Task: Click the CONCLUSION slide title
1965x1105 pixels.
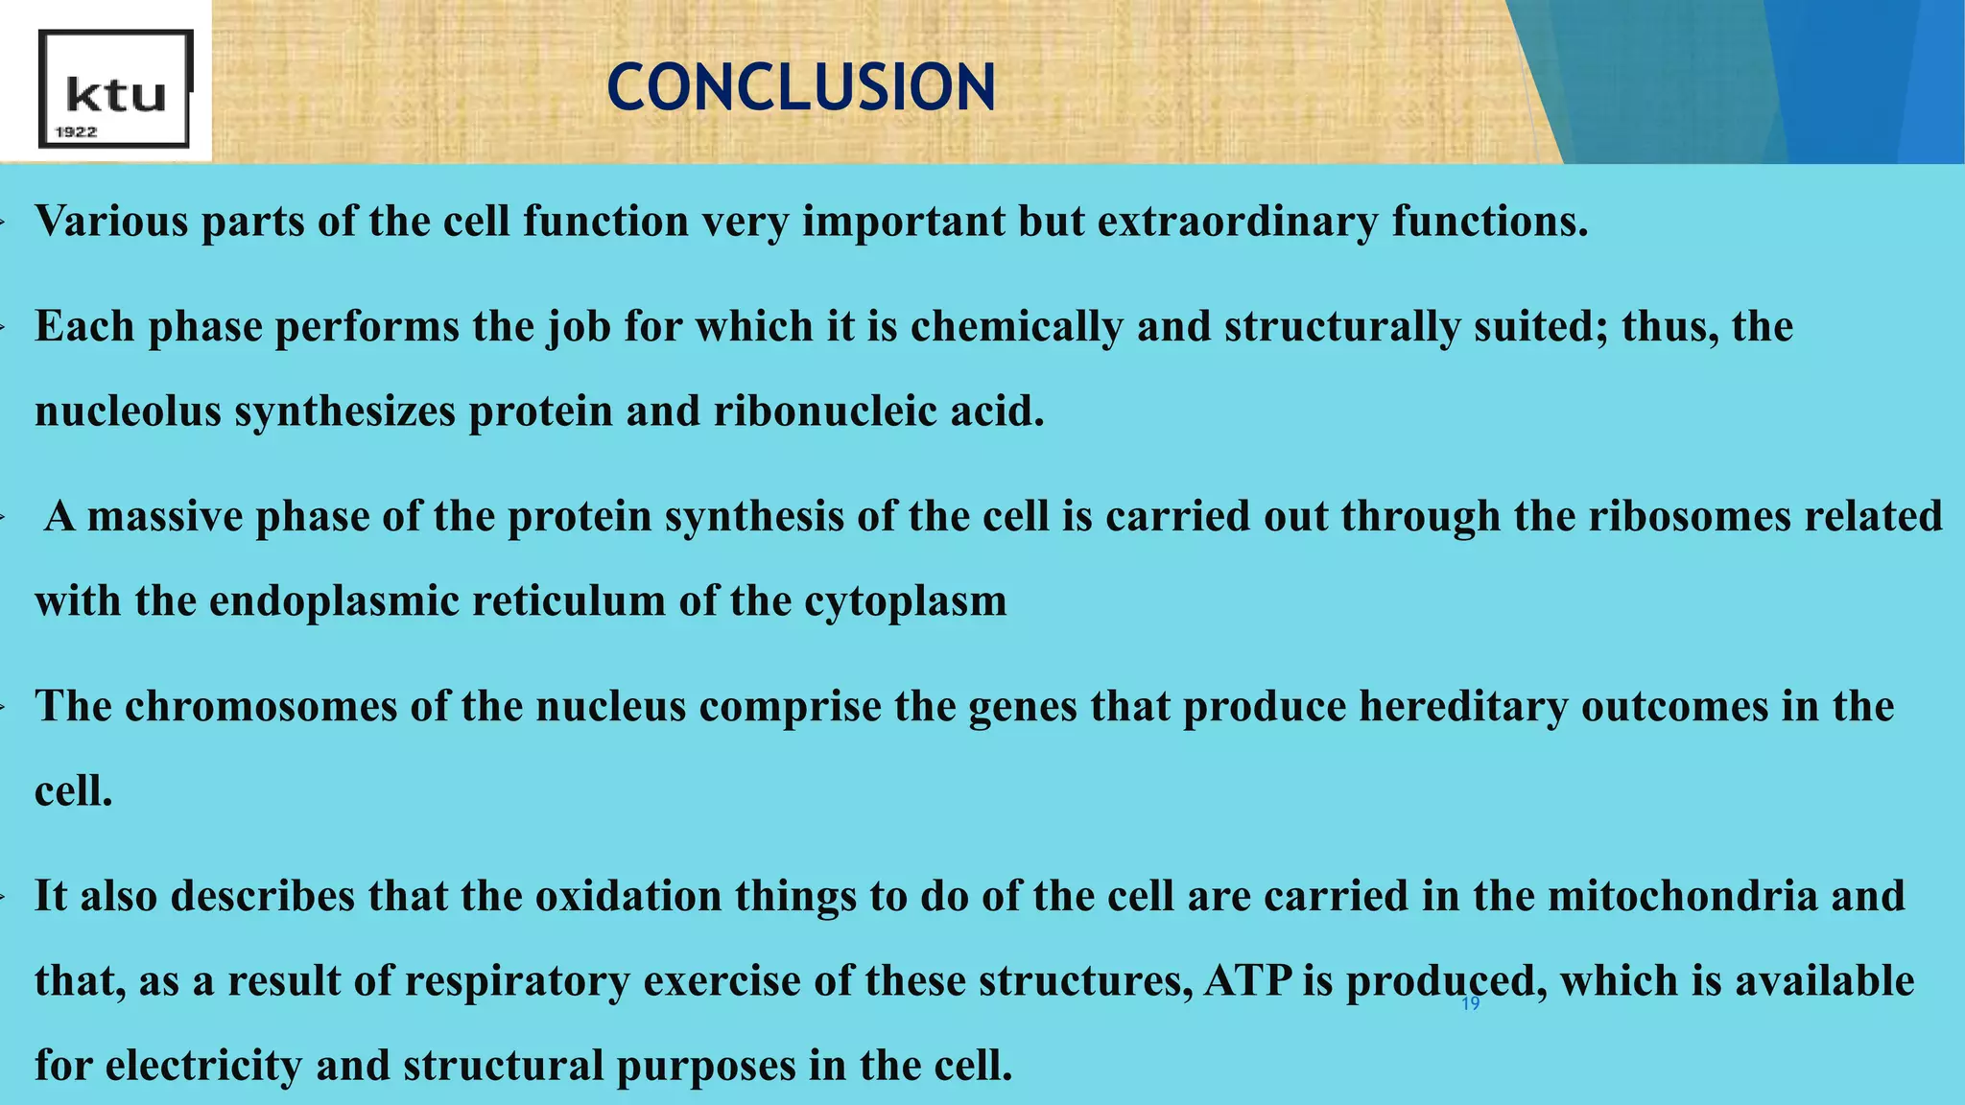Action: [801, 87]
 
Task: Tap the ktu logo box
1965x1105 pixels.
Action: [115, 88]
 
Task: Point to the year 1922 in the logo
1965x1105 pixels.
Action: [77, 132]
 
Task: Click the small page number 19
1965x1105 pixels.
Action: [1470, 1004]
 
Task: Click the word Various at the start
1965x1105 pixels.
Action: [112, 222]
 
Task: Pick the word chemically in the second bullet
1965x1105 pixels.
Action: [1016, 327]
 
